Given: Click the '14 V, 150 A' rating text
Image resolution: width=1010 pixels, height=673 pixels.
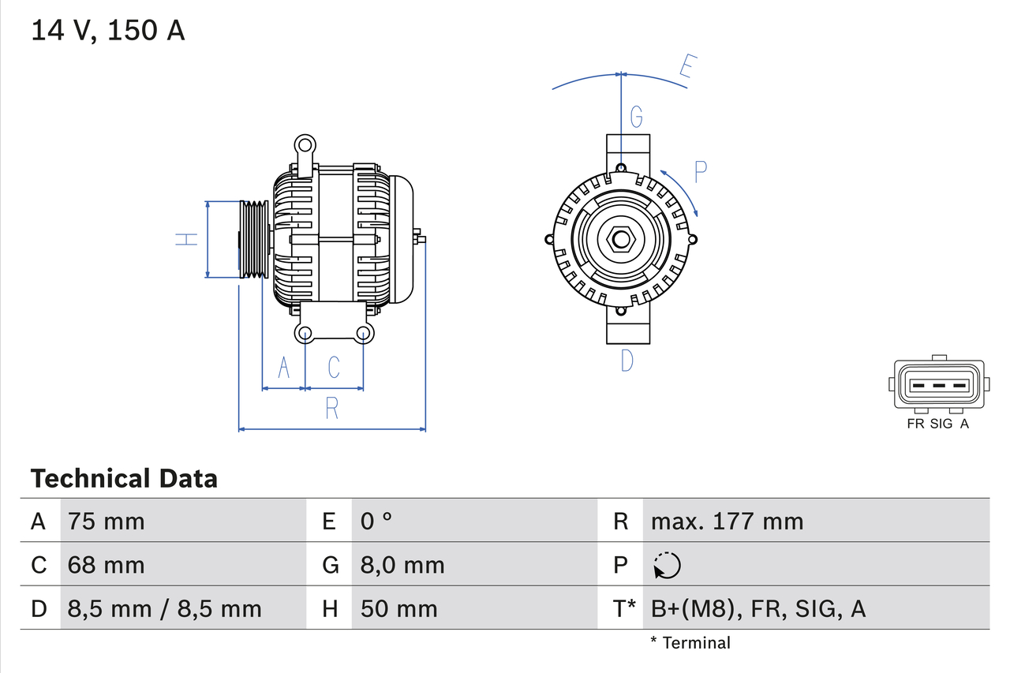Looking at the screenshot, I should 108,31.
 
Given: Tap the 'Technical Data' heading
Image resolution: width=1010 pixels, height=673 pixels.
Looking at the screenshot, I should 124,478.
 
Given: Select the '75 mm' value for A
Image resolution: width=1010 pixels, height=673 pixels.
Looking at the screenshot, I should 107,521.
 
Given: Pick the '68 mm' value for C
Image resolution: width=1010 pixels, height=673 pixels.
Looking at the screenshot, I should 107,565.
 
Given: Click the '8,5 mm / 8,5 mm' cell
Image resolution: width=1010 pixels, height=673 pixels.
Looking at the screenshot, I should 164,608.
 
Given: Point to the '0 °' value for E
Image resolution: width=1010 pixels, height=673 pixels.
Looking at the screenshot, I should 376,521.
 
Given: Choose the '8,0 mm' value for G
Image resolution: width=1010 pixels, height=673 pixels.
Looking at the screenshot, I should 402,565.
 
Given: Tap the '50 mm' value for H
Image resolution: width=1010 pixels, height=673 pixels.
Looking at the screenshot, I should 398,608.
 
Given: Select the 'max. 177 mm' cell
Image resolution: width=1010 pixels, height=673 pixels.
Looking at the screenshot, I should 727,521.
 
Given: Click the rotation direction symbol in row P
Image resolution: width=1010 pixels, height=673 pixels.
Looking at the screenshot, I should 667,565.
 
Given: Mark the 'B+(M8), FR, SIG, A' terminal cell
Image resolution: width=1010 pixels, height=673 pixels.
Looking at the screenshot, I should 757,608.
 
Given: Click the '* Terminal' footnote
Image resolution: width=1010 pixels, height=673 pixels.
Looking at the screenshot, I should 690,643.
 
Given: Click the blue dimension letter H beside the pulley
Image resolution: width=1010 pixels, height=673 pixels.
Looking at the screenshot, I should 186,239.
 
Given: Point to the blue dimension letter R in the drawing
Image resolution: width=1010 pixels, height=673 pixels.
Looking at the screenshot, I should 332,408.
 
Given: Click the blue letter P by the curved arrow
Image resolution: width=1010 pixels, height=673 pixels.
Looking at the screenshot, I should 701,171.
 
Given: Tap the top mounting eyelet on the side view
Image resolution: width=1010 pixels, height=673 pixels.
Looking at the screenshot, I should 305,145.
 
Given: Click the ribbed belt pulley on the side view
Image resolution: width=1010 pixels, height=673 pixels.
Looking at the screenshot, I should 254,239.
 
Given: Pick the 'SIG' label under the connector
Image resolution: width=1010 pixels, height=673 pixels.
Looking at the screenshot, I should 941,424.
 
